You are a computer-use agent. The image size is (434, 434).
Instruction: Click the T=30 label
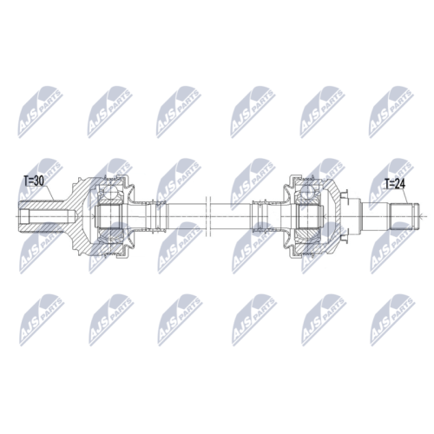(x=34, y=181)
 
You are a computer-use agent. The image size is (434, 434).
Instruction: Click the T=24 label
(x=395, y=184)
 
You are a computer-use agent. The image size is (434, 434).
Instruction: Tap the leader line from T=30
(x=48, y=194)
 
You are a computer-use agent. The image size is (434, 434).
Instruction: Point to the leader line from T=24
(x=404, y=197)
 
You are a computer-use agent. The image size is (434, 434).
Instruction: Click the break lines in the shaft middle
(x=209, y=216)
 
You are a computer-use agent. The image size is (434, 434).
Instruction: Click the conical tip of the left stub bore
(x=75, y=216)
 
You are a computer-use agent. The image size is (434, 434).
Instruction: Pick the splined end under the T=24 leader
(x=404, y=216)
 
